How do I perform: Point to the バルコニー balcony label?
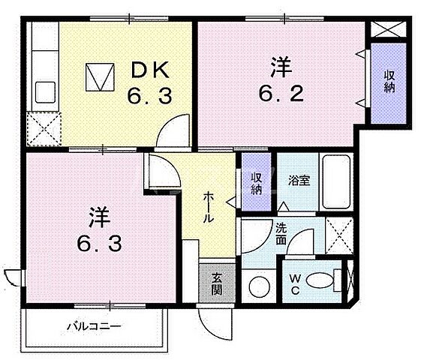coord(93,326)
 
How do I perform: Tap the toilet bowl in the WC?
coord(320,279)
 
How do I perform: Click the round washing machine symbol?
coord(260,285)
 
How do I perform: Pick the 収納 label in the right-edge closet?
coord(389,82)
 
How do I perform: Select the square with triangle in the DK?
coord(100,76)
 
